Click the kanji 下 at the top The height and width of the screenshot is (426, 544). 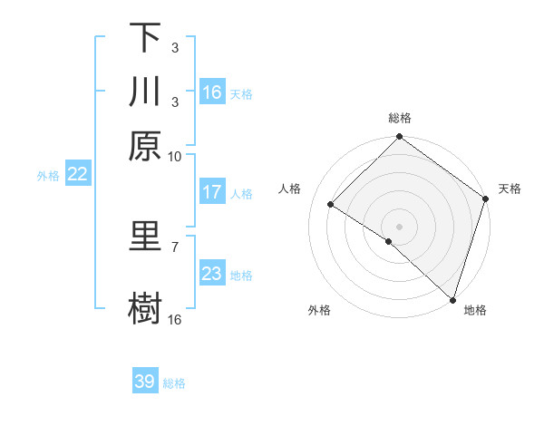145,38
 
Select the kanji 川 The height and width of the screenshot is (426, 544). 145,92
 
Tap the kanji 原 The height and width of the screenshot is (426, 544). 145,146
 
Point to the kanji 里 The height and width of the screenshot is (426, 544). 145,237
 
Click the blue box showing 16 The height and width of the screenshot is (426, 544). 212,92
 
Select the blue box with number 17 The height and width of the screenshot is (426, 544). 212,192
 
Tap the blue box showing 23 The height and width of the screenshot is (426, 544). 212,274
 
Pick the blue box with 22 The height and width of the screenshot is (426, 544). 77,175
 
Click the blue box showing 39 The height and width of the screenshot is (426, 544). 145,382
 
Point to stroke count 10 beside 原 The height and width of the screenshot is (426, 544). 175,156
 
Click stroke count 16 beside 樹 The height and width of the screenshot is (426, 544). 175,319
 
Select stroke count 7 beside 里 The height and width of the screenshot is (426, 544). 175,246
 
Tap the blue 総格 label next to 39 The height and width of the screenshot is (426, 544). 175,383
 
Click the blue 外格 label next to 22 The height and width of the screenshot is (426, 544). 48,176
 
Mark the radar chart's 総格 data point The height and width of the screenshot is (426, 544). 399,138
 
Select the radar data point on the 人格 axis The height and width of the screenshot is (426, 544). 331,205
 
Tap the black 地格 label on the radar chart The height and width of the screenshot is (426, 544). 475,310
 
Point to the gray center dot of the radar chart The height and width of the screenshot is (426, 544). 399,226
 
